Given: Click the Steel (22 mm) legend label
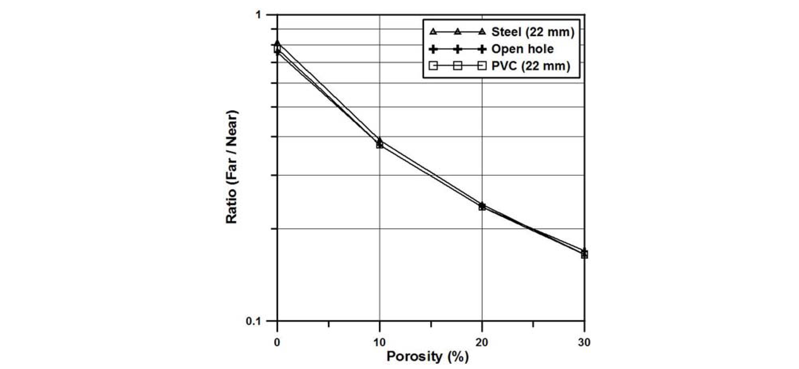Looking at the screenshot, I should [x=533, y=32].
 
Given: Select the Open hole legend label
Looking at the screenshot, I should [x=522, y=49].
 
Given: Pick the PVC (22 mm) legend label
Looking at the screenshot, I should [x=531, y=66].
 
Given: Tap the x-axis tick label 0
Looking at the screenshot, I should [x=277, y=342].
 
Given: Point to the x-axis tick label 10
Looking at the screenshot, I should [x=379, y=342].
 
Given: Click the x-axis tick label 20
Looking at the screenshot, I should [x=482, y=342].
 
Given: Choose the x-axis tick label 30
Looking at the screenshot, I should [x=584, y=342].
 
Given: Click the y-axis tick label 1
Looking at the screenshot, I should [x=258, y=15].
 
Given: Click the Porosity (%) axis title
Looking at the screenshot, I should [x=427, y=356].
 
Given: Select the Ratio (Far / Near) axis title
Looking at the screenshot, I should [x=232, y=167].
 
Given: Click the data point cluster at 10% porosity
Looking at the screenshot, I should [x=380, y=143].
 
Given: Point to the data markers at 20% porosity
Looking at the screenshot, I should [x=482, y=206].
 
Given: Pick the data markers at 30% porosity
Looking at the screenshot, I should [x=584, y=253].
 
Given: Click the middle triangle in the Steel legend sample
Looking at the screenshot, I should [x=458, y=32].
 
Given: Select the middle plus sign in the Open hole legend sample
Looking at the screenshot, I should [x=458, y=49].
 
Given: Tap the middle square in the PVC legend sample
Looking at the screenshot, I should [x=458, y=66].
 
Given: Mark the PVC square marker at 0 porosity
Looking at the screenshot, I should [x=277, y=49].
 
